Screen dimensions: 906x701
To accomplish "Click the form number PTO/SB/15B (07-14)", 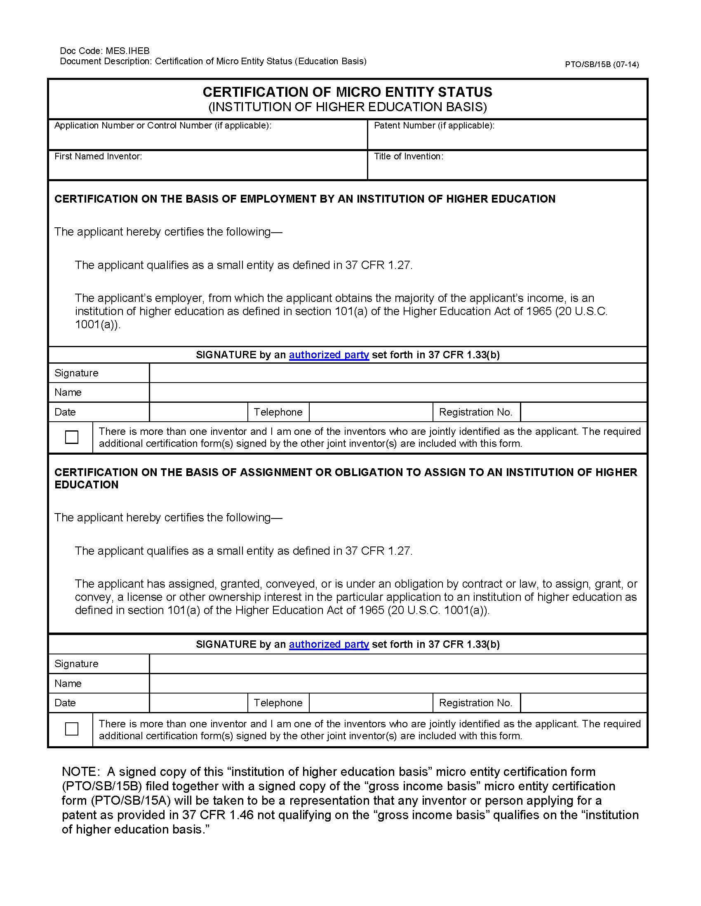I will click(601, 64).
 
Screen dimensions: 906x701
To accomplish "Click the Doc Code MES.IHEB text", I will click(105, 51).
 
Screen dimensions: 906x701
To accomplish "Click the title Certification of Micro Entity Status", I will click(347, 92).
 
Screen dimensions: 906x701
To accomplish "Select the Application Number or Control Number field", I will click(208, 139).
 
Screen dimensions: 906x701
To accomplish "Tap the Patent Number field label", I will click(434, 125).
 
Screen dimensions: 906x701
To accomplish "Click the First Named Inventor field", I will click(208, 169).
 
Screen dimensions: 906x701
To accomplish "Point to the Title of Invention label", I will click(408, 156).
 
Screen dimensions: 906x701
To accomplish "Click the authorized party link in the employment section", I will click(329, 355).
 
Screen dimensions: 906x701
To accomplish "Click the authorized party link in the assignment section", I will click(329, 644).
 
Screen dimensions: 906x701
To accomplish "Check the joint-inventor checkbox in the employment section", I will click(72, 437).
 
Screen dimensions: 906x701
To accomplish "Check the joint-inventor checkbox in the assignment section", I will click(72, 729).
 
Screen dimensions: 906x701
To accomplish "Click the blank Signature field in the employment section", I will click(398, 373).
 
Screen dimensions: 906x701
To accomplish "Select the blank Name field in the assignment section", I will click(398, 683).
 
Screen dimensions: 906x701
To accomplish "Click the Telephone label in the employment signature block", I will click(278, 412).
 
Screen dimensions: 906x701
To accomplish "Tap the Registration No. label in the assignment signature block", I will click(475, 703).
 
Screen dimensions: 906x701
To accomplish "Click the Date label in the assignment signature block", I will click(65, 703).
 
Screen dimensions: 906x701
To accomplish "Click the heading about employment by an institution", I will click(305, 199).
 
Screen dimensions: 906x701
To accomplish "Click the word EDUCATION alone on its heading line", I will click(86, 485).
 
